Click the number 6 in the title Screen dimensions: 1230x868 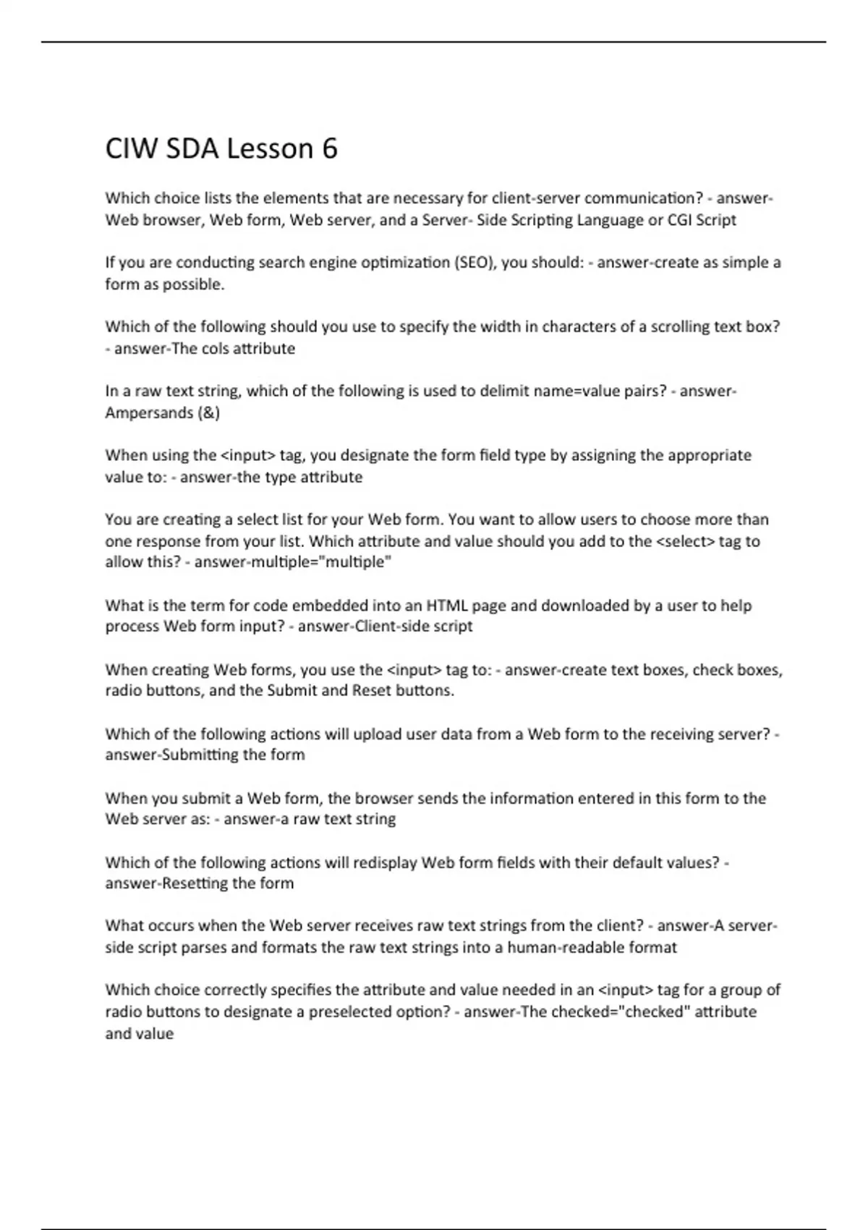click(x=328, y=149)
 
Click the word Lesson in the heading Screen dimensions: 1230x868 click(x=271, y=149)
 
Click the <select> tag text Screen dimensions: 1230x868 click(x=685, y=541)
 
